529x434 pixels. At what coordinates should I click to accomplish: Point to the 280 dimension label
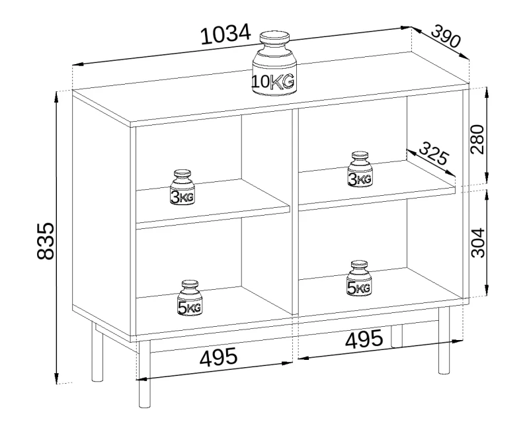478,138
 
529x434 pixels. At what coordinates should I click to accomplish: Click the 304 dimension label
478,242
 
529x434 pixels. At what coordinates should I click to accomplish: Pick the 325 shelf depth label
433,157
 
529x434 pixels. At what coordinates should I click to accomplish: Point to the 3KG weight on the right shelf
360,170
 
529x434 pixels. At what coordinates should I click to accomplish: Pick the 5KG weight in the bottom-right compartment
358,279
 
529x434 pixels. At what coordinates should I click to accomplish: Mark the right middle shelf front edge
378,198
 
